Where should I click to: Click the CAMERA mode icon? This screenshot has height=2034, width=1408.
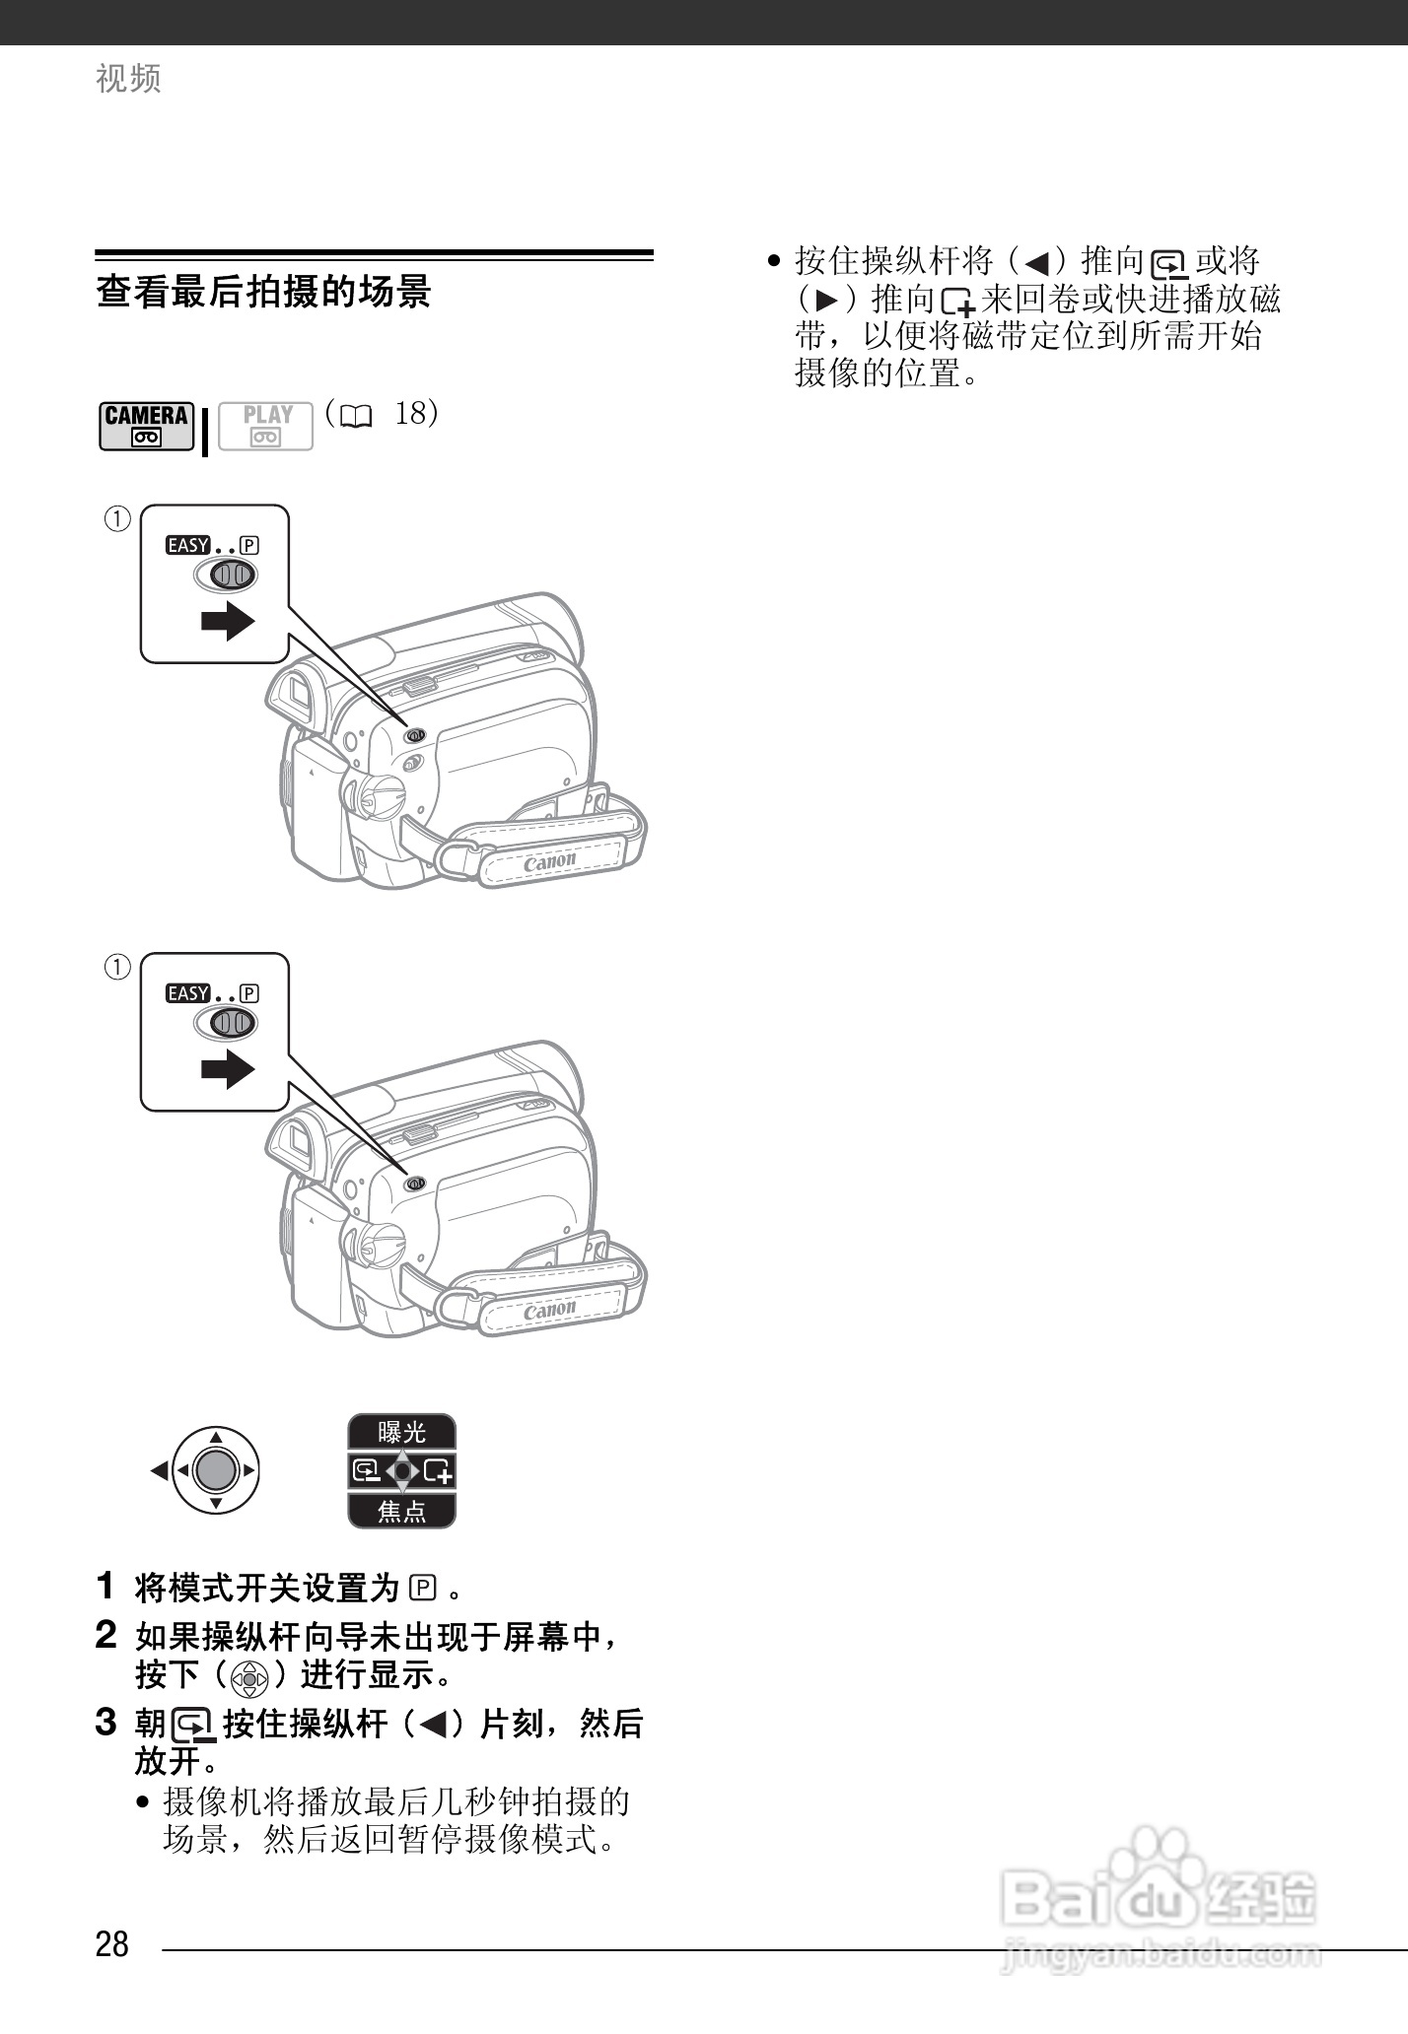click(146, 426)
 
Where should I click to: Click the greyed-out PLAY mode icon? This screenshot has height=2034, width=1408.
click(265, 426)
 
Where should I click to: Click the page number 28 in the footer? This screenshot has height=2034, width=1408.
click(112, 1943)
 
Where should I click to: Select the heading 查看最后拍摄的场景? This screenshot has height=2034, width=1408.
click(263, 293)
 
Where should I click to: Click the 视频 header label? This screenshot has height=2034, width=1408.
click(128, 79)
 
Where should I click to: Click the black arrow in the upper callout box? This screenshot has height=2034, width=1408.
click(228, 621)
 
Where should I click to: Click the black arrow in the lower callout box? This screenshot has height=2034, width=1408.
click(228, 1069)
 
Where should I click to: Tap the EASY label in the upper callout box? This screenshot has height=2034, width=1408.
click(187, 545)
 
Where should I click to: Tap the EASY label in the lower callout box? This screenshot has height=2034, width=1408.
click(187, 993)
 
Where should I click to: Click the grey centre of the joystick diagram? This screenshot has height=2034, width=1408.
click(216, 1471)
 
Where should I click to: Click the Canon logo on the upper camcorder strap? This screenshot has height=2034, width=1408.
click(549, 861)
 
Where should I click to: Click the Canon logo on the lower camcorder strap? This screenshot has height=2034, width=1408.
click(549, 1310)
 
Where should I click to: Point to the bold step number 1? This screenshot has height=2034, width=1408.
click(106, 1586)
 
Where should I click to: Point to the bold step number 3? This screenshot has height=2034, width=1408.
click(106, 1723)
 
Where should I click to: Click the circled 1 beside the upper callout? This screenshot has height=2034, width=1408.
click(117, 518)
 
